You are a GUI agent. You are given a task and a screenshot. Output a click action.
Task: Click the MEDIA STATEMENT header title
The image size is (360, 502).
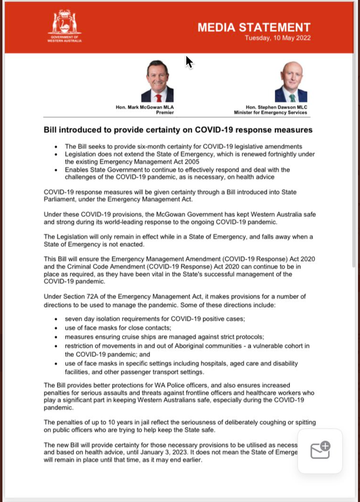254,27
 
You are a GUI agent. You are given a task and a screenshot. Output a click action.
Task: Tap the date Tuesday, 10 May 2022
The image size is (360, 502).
277,38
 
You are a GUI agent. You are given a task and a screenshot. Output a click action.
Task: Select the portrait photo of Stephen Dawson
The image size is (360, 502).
291,82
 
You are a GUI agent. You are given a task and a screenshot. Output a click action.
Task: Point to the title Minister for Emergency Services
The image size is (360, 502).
271,112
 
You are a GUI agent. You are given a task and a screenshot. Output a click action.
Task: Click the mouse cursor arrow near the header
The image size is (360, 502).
189,62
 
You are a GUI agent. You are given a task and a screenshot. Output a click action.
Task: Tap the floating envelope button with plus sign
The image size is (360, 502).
320,450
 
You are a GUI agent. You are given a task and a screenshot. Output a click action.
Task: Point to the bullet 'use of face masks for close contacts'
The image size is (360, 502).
118,328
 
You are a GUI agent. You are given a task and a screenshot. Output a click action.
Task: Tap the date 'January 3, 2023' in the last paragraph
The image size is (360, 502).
182,452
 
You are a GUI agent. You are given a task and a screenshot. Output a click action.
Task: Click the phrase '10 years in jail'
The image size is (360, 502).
118,423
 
